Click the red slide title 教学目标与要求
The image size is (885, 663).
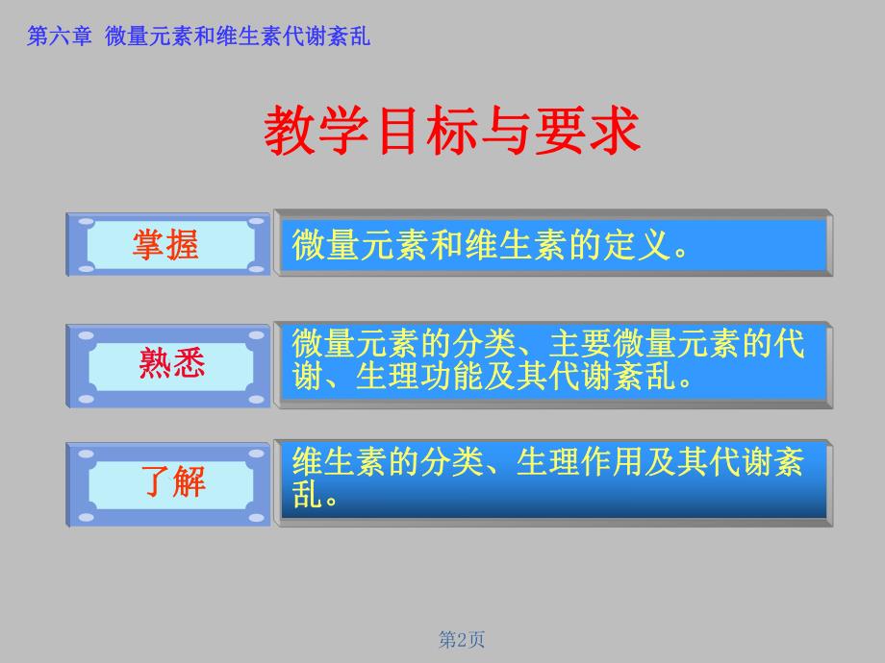(x=451, y=132)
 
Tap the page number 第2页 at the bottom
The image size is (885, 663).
(x=462, y=639)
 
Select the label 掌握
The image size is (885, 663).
(x=165, y=245)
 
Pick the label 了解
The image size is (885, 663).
(x=175, y=479)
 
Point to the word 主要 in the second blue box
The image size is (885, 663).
(x=580, y=344)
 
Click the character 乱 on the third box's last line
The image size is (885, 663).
(x=307, y=494)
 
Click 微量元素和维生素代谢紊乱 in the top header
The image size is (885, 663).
(x=238, y=37)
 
